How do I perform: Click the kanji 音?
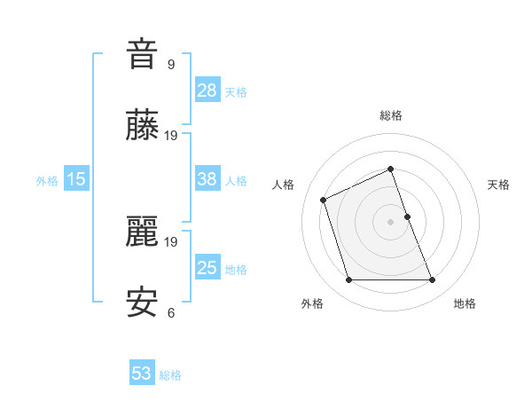[142, 54]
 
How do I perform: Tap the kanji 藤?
[142, 127]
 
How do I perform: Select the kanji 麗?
[142, 232]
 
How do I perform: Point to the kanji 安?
[142, 303]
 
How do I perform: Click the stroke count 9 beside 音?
[171, 64]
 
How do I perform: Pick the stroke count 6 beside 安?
[171, 312]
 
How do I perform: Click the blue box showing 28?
[207, 90]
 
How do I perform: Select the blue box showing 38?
[207, 179]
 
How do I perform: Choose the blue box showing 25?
[207, 268]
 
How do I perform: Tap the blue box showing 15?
[76, 179]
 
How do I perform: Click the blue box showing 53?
[142, 374]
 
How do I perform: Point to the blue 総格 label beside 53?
[170, 375]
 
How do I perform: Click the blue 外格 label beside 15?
[47, 181]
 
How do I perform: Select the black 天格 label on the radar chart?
[499, 185]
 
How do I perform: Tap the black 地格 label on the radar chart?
[465, 303]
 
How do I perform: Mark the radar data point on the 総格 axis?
[390, 169]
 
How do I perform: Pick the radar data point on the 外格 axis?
[348, 280]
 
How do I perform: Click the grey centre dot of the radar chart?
[390, 222]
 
